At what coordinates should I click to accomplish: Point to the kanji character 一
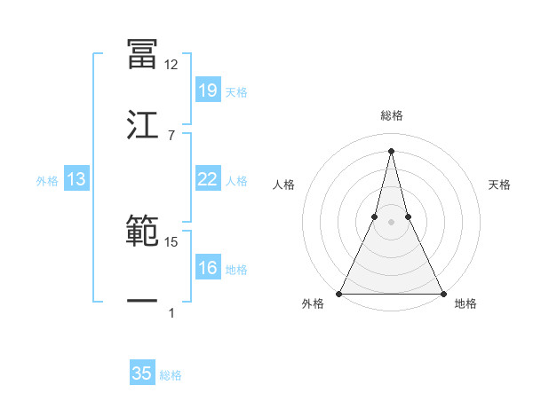(142, 302)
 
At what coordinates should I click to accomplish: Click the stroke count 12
(171, 65)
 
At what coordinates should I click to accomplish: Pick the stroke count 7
(171, 135)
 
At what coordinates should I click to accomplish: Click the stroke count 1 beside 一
(171, 312)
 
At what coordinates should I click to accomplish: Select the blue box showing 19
(207, 90)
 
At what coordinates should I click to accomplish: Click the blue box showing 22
(207, 179)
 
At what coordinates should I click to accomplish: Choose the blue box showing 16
(207, 268)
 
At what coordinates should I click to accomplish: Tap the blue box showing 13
(76, 179)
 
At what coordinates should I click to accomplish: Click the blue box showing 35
(142, 374)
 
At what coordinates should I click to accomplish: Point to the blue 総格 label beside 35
(171, 375)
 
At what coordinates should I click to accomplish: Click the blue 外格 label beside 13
(47, 181)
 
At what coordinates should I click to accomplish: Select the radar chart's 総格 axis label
(391, 116)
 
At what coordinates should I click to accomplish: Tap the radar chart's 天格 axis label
(500, 185)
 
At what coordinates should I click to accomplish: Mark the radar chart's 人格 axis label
(283, 185)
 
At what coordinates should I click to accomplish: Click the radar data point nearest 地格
(442, 293)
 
